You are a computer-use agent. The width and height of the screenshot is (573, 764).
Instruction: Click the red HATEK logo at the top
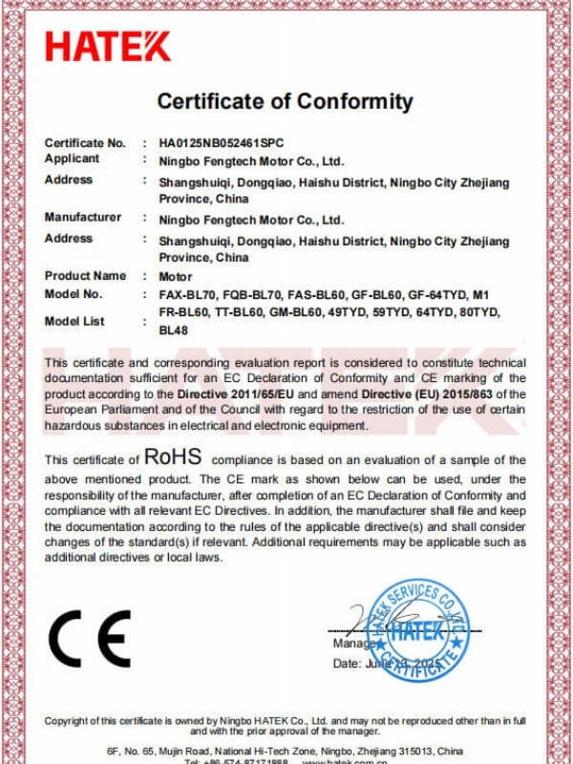[108, 46]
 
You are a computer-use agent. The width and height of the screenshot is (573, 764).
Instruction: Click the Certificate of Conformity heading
[285, 101]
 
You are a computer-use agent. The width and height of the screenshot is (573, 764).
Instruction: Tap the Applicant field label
[72, 159]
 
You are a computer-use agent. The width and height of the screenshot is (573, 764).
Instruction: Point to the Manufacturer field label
[83, 218]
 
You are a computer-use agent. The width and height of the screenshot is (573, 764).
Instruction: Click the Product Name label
[85, 276]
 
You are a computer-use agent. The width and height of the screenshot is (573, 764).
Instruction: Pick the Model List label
[74, 322]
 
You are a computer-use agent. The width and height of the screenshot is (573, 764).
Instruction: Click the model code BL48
[173, 331]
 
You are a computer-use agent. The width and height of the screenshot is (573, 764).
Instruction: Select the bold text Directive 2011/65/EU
[236, 393]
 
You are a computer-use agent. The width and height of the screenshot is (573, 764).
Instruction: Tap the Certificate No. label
[85, 142]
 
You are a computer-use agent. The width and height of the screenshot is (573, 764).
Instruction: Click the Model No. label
[74, 294]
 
